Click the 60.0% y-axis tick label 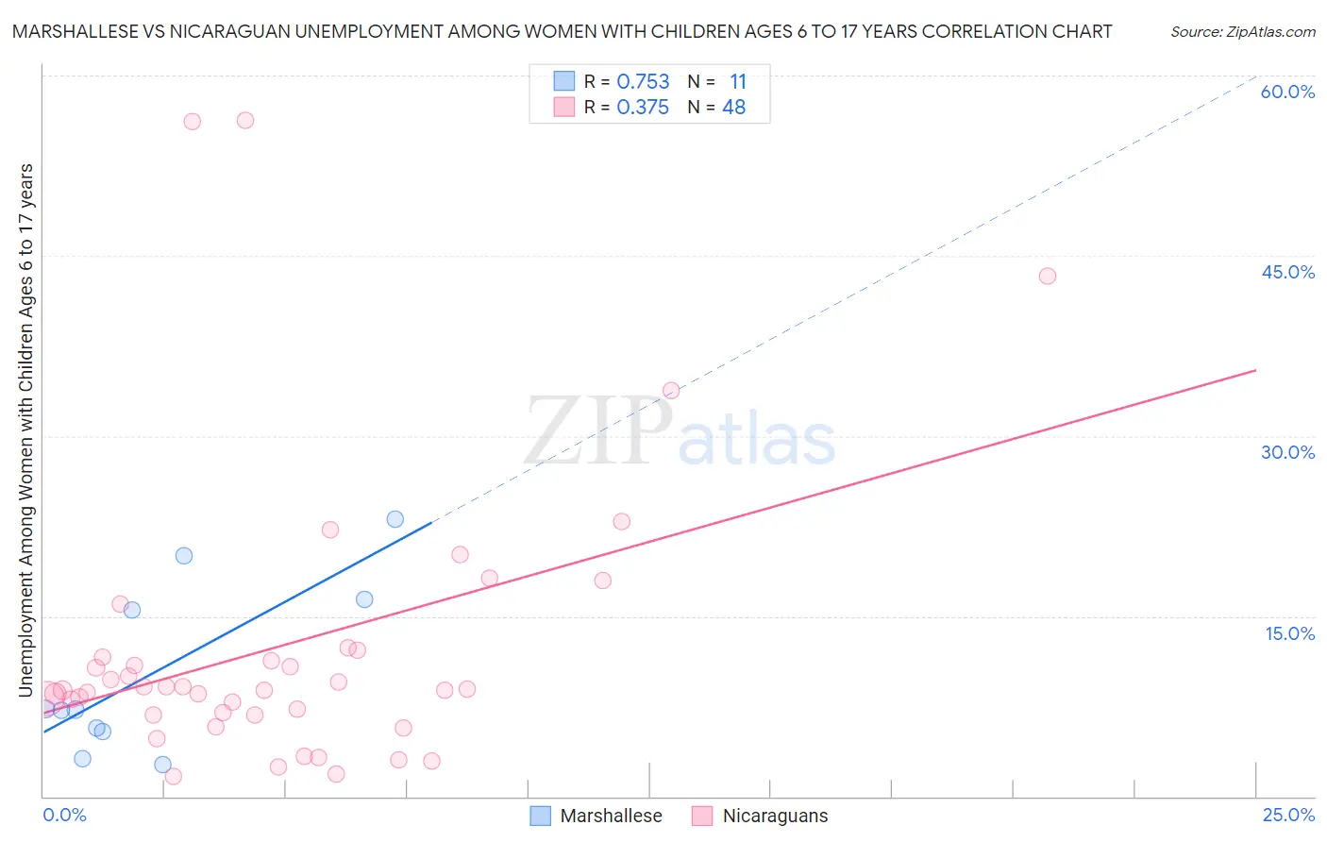click(1287, 92)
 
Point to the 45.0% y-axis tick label click(1287, 272)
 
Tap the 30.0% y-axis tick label click(1287, 452)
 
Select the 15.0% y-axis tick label click(1289, 633)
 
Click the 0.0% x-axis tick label click(64, 815)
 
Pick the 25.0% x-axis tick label click(1288, 815)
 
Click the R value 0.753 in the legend click(643, 82)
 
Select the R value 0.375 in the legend click(643, 108)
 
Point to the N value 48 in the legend click(733, 108)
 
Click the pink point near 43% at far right click(1047, 276)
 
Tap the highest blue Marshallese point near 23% click(395, 519)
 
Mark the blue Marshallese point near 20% click(184, 555)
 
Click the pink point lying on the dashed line click(671, 390)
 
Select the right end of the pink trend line click(1255, 370)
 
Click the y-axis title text click(26, 429)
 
